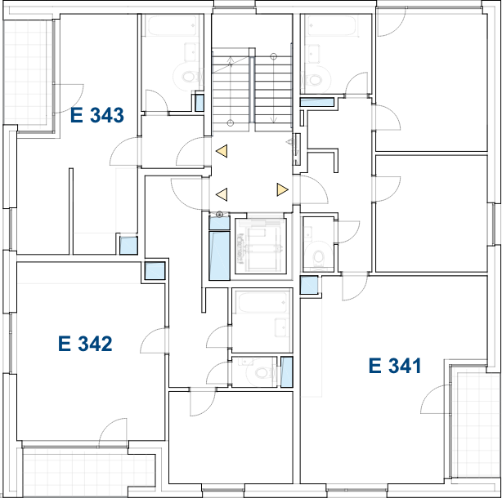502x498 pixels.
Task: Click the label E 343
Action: [x=96, y=115]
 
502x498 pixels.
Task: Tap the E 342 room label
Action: [x=85, y=344]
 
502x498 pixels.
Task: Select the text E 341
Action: [x=395, y=366]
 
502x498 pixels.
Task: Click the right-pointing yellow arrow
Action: [x=282, y=189]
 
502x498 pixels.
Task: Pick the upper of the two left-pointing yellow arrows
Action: [x=222, y=151]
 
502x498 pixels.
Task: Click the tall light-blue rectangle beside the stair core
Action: [x=219, y=255]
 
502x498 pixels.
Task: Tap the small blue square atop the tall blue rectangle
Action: [x=219, y=223]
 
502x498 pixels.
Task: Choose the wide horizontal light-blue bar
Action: [x=317, y=102]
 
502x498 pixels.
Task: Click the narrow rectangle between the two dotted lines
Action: [x=252, y=89]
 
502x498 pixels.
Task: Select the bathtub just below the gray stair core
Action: [x=262, y=303]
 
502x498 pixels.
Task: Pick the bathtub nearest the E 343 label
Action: [x=172, y=26]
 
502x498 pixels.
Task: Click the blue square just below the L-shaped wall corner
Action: [x=128, y=245]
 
